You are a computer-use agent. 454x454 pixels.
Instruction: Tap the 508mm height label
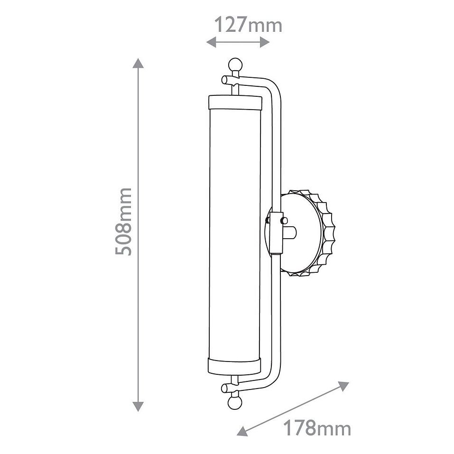124,222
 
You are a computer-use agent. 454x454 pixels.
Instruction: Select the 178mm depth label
317,428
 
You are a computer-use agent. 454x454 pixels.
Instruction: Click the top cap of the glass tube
235,102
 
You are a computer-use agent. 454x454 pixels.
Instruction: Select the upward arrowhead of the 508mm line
138,63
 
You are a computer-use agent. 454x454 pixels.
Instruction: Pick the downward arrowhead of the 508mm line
138,407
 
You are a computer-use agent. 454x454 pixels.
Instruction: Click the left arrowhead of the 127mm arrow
212,42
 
